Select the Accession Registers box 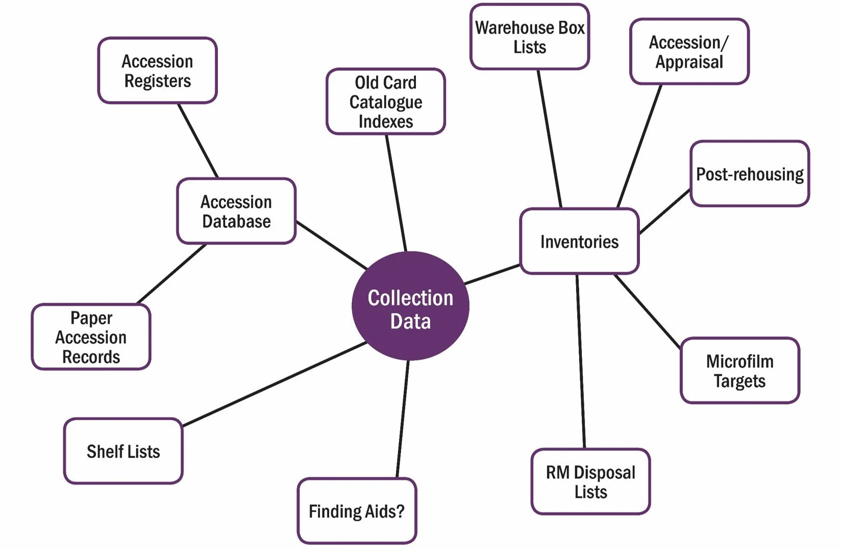157,70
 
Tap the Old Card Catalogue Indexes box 386,102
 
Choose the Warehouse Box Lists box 530,37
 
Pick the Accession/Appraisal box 689,52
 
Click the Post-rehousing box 750,174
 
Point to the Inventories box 579,242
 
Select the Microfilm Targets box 739,371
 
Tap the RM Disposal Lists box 590,482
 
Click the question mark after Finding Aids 400,511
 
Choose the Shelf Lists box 123,451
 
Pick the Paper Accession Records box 91,337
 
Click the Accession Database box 236,211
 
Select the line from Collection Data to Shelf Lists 275,384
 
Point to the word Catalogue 386,102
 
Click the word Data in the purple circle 410,322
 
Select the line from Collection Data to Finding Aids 403,419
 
